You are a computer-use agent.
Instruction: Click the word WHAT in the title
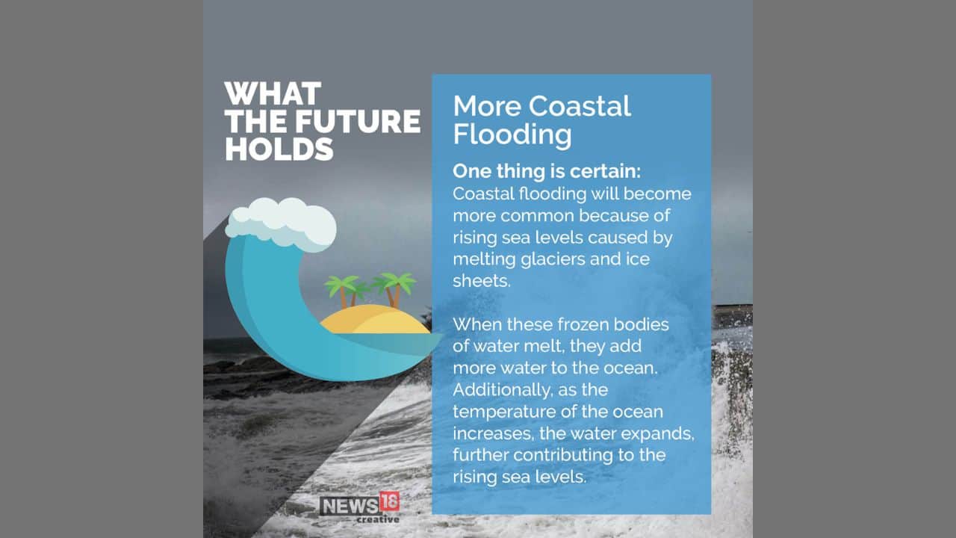click(x=273, y=95)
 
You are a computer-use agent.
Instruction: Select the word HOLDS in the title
click(x=279, y=149)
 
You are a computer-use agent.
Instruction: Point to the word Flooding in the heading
click(x=512, y=134)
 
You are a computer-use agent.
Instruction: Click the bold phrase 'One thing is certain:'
click(x=547, y=171)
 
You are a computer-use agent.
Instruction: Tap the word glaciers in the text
click(x=547, y=259)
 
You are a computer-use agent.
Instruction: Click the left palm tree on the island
click(x=343, y=288)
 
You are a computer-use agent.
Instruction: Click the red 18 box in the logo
click(x=389, y=502)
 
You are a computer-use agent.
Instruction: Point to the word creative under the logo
click(x=377, y=519)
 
